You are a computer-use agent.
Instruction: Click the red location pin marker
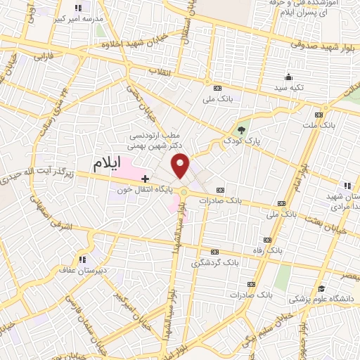coord(181,166)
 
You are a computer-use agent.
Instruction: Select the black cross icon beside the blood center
coord(145,179)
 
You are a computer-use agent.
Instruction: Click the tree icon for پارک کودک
coord(242,129)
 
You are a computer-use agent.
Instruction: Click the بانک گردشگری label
coord(215,262)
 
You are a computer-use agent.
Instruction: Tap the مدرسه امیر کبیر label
coord(77,17)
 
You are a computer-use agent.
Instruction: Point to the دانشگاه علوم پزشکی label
coord(321,298)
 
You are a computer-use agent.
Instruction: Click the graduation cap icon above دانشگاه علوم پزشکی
coord(321,288)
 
